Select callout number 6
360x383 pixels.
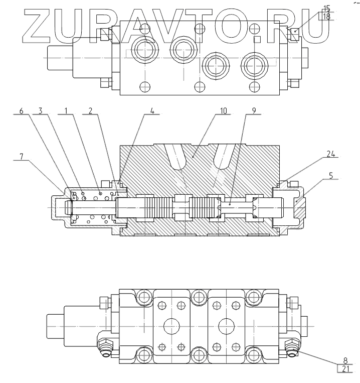coord(21,110)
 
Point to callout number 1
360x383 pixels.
coord(64,110)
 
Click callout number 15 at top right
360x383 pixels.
coord(326,8)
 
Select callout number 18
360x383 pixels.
coord(326,16)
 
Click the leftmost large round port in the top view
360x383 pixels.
coord(144,49)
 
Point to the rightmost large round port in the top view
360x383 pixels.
coord(253,63)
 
